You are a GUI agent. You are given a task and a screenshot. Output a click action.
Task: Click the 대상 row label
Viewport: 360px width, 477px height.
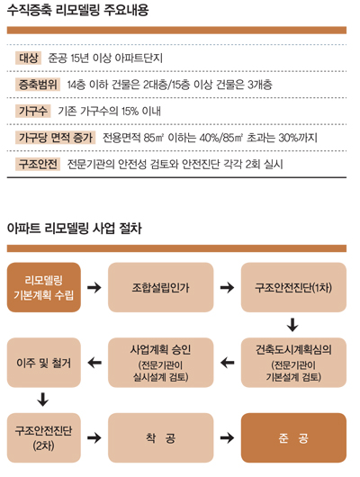point(28,58)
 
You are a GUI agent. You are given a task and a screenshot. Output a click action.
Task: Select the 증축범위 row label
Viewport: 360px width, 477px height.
point(38,85)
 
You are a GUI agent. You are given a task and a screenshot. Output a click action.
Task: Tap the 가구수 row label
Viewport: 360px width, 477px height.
point(33,111)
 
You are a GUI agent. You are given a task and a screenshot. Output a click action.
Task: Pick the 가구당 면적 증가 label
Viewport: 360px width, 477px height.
point(56,138)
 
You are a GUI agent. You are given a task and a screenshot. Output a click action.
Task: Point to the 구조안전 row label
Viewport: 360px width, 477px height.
point(38,164)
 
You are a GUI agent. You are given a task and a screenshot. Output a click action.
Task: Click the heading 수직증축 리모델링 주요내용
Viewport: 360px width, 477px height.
point(78,10)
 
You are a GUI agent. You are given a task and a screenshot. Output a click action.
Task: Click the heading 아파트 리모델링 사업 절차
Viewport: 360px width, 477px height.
point(75,229)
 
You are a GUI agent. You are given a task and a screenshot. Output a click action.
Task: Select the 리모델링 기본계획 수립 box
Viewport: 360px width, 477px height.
point(44,287)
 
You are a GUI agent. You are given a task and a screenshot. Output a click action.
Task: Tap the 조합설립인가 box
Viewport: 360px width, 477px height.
point(161,287)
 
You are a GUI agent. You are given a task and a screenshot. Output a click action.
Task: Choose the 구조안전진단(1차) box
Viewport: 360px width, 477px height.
point(293,287)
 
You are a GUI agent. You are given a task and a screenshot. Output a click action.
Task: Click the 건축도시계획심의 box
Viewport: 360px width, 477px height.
point(293,363)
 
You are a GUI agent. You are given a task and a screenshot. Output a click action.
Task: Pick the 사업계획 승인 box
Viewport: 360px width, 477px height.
point(161,363)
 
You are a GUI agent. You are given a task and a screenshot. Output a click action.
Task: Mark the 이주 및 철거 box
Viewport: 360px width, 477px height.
point(44,363)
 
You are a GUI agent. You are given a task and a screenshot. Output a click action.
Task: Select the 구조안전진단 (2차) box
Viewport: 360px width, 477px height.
point(44,437)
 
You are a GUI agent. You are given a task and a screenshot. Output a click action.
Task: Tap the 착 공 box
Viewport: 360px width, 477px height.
point(161,437)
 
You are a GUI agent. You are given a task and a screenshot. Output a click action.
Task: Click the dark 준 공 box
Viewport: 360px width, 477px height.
point(293,437)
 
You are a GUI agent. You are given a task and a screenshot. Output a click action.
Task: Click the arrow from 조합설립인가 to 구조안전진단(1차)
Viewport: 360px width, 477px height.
point(228,287)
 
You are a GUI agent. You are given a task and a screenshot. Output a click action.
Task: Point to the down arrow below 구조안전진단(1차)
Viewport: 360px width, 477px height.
point(292,325)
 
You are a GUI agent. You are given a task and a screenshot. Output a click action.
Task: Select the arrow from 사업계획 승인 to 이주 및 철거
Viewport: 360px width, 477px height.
point(94,363)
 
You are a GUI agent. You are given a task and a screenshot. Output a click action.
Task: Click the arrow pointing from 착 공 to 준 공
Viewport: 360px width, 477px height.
point(228,437)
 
